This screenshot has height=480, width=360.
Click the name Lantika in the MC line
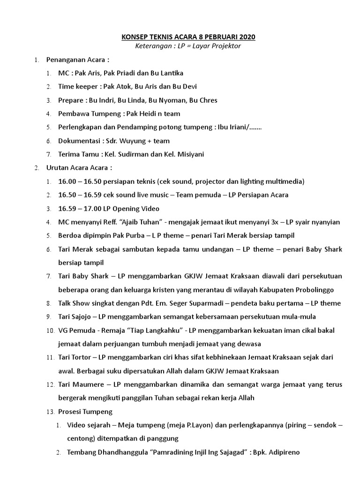pyautogui.click(x=171, y=73)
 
